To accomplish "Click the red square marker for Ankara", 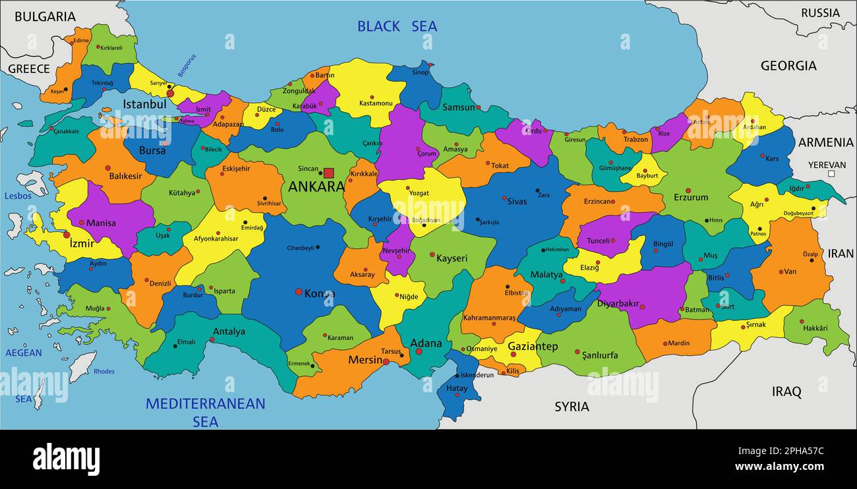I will (328, 173).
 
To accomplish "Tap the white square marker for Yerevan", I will (831, 174).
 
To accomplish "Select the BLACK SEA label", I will (397, 26).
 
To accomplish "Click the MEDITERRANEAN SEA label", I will (205, 412).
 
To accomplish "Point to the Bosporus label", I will (187, 66).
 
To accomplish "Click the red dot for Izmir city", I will (66, 235).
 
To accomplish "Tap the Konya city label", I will (319, 293).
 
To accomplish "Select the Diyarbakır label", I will (618, 304).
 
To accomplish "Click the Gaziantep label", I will (533, 346).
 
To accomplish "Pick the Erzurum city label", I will (691, 197).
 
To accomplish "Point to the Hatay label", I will (456, 389).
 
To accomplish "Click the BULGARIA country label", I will (45, 17).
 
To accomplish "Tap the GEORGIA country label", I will (788, 66).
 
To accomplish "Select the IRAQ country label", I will (786, 392).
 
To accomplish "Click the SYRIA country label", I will (572, 407).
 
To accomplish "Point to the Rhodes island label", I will (103, 372).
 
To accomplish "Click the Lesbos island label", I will (18, 196).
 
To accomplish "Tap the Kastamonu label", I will (376, 103).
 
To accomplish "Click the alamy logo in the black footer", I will (66, 459).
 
